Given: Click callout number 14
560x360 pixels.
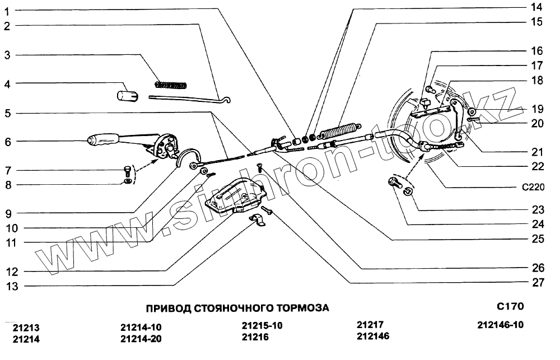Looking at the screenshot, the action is point(536,7).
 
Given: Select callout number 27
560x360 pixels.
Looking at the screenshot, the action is point(538,283).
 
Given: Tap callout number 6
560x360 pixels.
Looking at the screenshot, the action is point(8,142).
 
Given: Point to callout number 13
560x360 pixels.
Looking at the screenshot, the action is point(12,287).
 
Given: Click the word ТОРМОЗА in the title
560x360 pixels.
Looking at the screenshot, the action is point(302,308).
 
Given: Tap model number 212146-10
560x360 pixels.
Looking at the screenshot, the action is point(501,325).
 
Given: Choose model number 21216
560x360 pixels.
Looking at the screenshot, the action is point(255,337).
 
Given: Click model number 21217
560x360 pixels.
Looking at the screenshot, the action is point(370,325).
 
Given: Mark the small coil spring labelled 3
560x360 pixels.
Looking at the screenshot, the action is point(170,85).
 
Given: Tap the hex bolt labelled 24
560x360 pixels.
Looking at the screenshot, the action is point(394,181).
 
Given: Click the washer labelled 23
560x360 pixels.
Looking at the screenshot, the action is point(409,193).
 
